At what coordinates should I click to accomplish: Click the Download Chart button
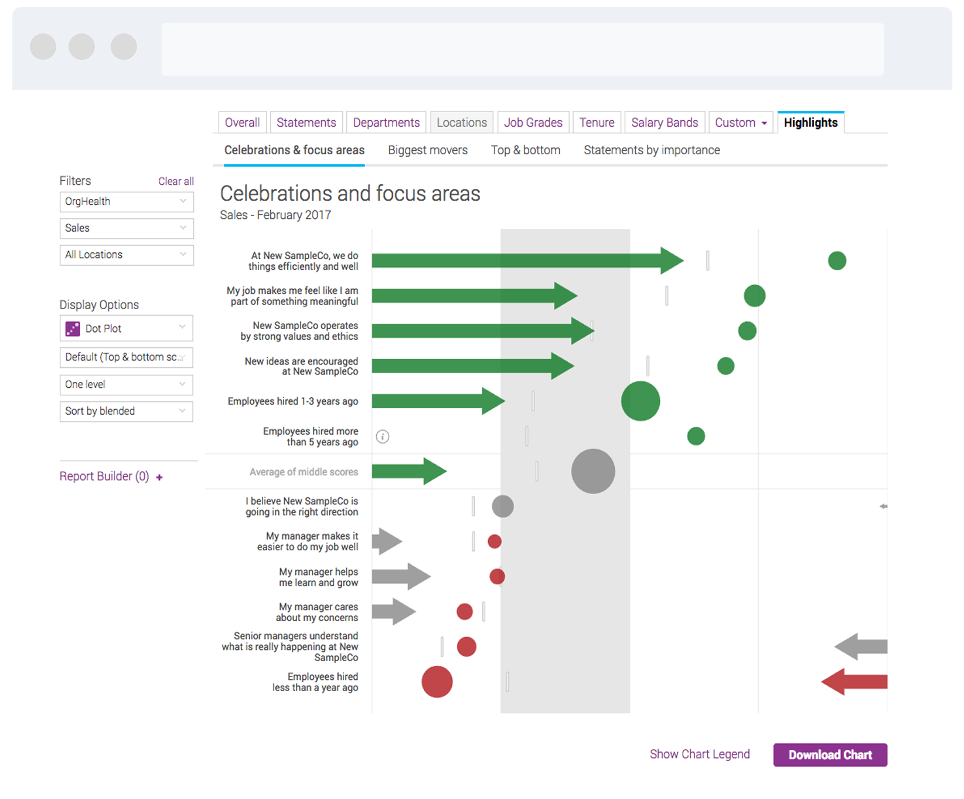click(830, 754)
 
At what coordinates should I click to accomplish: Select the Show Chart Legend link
click(699, 754)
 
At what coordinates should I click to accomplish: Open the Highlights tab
click(810, 123)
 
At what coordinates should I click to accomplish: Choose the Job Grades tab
click(533, 123)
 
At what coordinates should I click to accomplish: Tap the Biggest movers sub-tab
click(427, 150)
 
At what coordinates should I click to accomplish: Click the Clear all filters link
click(176, 181)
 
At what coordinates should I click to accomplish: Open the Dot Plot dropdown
click(126, 329)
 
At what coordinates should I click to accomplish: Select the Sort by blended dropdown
click(126, 411)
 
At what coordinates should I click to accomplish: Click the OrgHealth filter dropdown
click(126, 202)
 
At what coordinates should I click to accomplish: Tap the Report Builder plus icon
click(159, 477)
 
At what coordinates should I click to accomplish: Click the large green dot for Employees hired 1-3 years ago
click(640, 401)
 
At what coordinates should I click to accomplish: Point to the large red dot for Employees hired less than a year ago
click(437, 682)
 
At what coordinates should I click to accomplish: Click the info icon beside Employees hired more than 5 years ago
click(383, 436)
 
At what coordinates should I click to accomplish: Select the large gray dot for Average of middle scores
click(593, 471)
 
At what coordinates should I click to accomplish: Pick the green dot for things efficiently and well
click(837, 260)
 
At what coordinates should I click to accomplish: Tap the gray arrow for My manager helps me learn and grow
click(401, 576)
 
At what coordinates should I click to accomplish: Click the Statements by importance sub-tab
click(652, 150)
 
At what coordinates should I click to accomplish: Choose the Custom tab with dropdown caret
click(741, 123)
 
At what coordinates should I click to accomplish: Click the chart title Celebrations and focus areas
click(350, 194)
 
